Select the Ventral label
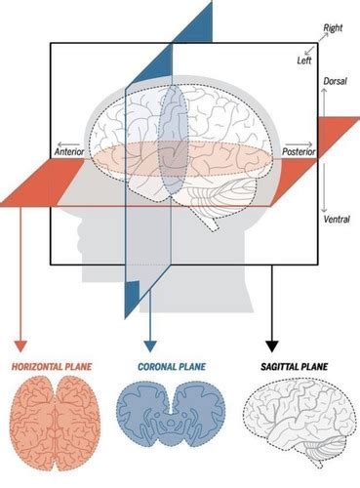click(335, 220)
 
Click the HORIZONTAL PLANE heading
click(51, 369)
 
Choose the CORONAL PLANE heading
click(158, 369)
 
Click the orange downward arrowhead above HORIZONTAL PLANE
click(20, 345)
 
